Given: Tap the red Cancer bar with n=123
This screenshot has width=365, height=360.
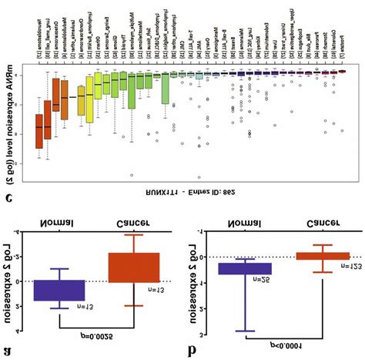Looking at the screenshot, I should pyautogui.click(x=323, y=255).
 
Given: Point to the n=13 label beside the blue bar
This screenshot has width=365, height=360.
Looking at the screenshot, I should pyautogui.click(x=84, y=306).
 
